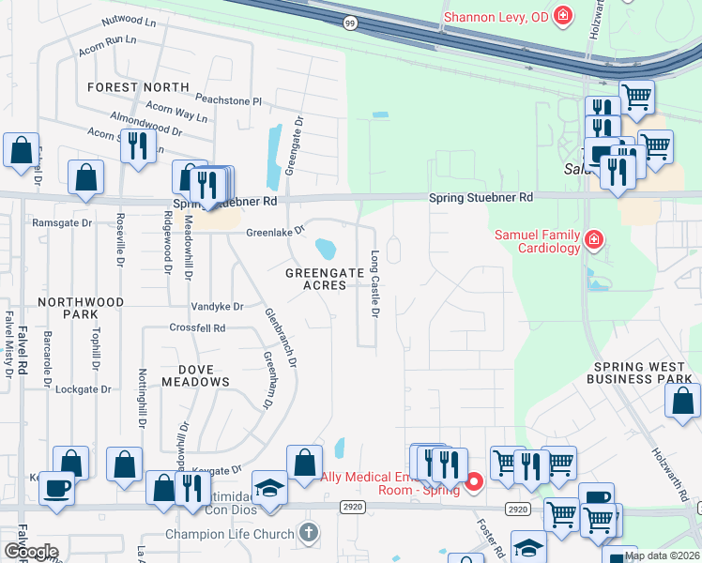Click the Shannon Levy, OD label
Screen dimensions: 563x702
coord(495,16)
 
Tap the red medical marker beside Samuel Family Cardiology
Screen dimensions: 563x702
coord(593,242)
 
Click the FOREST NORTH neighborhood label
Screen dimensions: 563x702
coord(138,87)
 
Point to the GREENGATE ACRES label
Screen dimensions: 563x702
coord(324,279)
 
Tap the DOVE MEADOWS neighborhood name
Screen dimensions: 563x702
coord(195,374)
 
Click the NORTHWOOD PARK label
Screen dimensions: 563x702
coord(81,308)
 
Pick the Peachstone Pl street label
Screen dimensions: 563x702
coord(228,99)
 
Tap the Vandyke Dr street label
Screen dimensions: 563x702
coord(217,307)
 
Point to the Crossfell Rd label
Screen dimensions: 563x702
coord(197,328)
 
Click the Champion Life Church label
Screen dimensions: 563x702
coord(229,534)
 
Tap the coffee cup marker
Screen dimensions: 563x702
coord(55,491)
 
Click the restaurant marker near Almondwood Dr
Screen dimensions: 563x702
coord(138,146)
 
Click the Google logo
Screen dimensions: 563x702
coord(31,552)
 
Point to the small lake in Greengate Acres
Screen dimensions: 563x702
coord(326,249)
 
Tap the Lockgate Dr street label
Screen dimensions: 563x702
coord(86,388)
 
